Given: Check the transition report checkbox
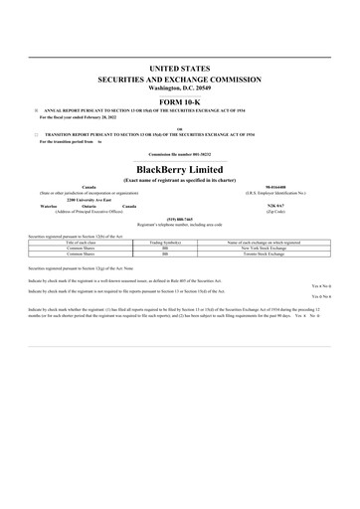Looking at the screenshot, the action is tap(36, 133).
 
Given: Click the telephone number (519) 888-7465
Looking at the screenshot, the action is tap(179, 220).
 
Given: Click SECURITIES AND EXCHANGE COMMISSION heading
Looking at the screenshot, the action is tap(179, 77).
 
